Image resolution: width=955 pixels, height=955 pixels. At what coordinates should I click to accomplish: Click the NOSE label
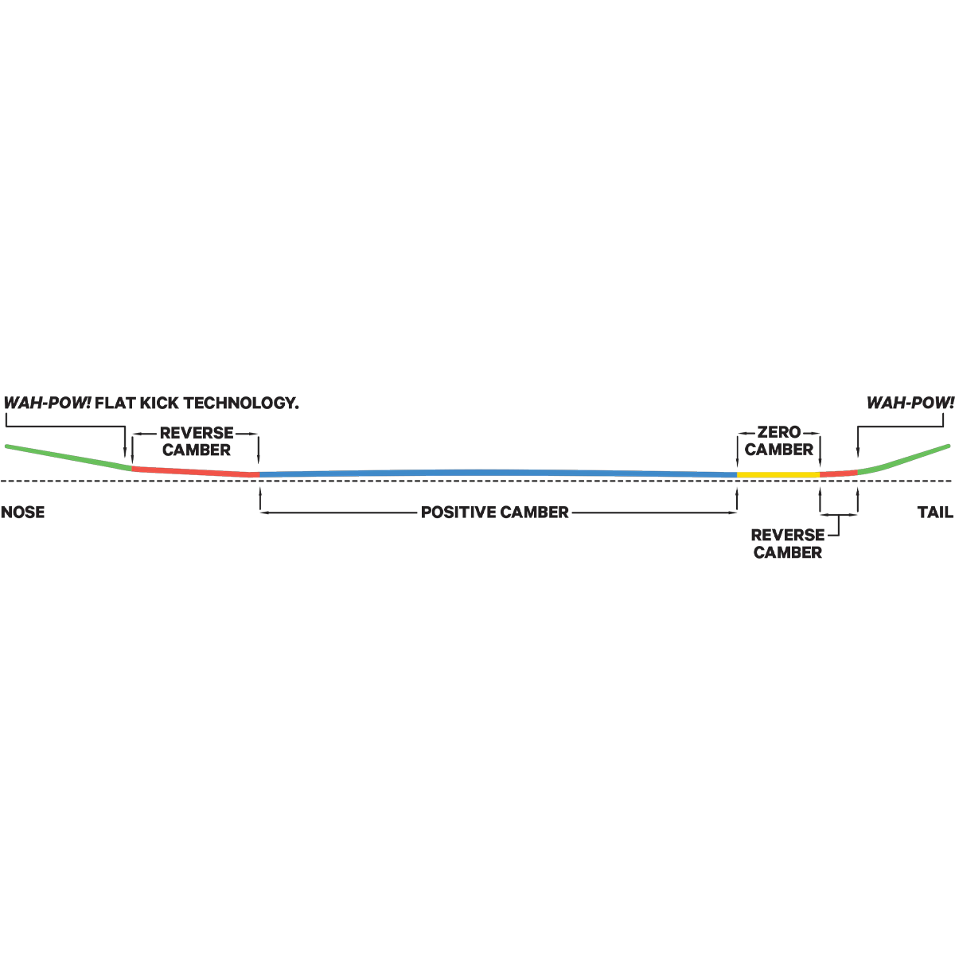(23, 512)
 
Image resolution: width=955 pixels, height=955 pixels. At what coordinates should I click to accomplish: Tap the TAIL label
(935, 512)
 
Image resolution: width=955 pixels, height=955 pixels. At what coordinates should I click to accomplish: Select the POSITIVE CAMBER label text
(494, 512)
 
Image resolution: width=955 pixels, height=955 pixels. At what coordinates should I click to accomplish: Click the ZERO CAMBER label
(778, 441)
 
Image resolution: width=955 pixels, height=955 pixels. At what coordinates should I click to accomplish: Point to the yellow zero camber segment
(778, 475)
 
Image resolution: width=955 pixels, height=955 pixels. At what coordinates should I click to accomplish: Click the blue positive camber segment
(498, 474)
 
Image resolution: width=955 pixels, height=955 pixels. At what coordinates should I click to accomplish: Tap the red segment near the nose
(196, 471)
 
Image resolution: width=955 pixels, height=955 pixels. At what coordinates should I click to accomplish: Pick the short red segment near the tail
(839, 474)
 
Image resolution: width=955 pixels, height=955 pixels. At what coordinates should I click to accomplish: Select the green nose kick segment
(68, 457)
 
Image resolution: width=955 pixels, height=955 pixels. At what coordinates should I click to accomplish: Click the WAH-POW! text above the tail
(910, 403)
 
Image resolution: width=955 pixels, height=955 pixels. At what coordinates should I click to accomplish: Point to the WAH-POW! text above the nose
(48, 403)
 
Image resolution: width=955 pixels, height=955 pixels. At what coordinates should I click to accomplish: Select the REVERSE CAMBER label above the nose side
(197, 441)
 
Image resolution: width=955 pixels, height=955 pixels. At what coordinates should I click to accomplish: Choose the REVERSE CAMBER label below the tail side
(788, 544)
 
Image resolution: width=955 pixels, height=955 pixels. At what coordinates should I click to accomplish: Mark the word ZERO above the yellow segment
(778, 432)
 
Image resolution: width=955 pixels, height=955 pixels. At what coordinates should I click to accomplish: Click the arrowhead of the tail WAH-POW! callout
(858, 453)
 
